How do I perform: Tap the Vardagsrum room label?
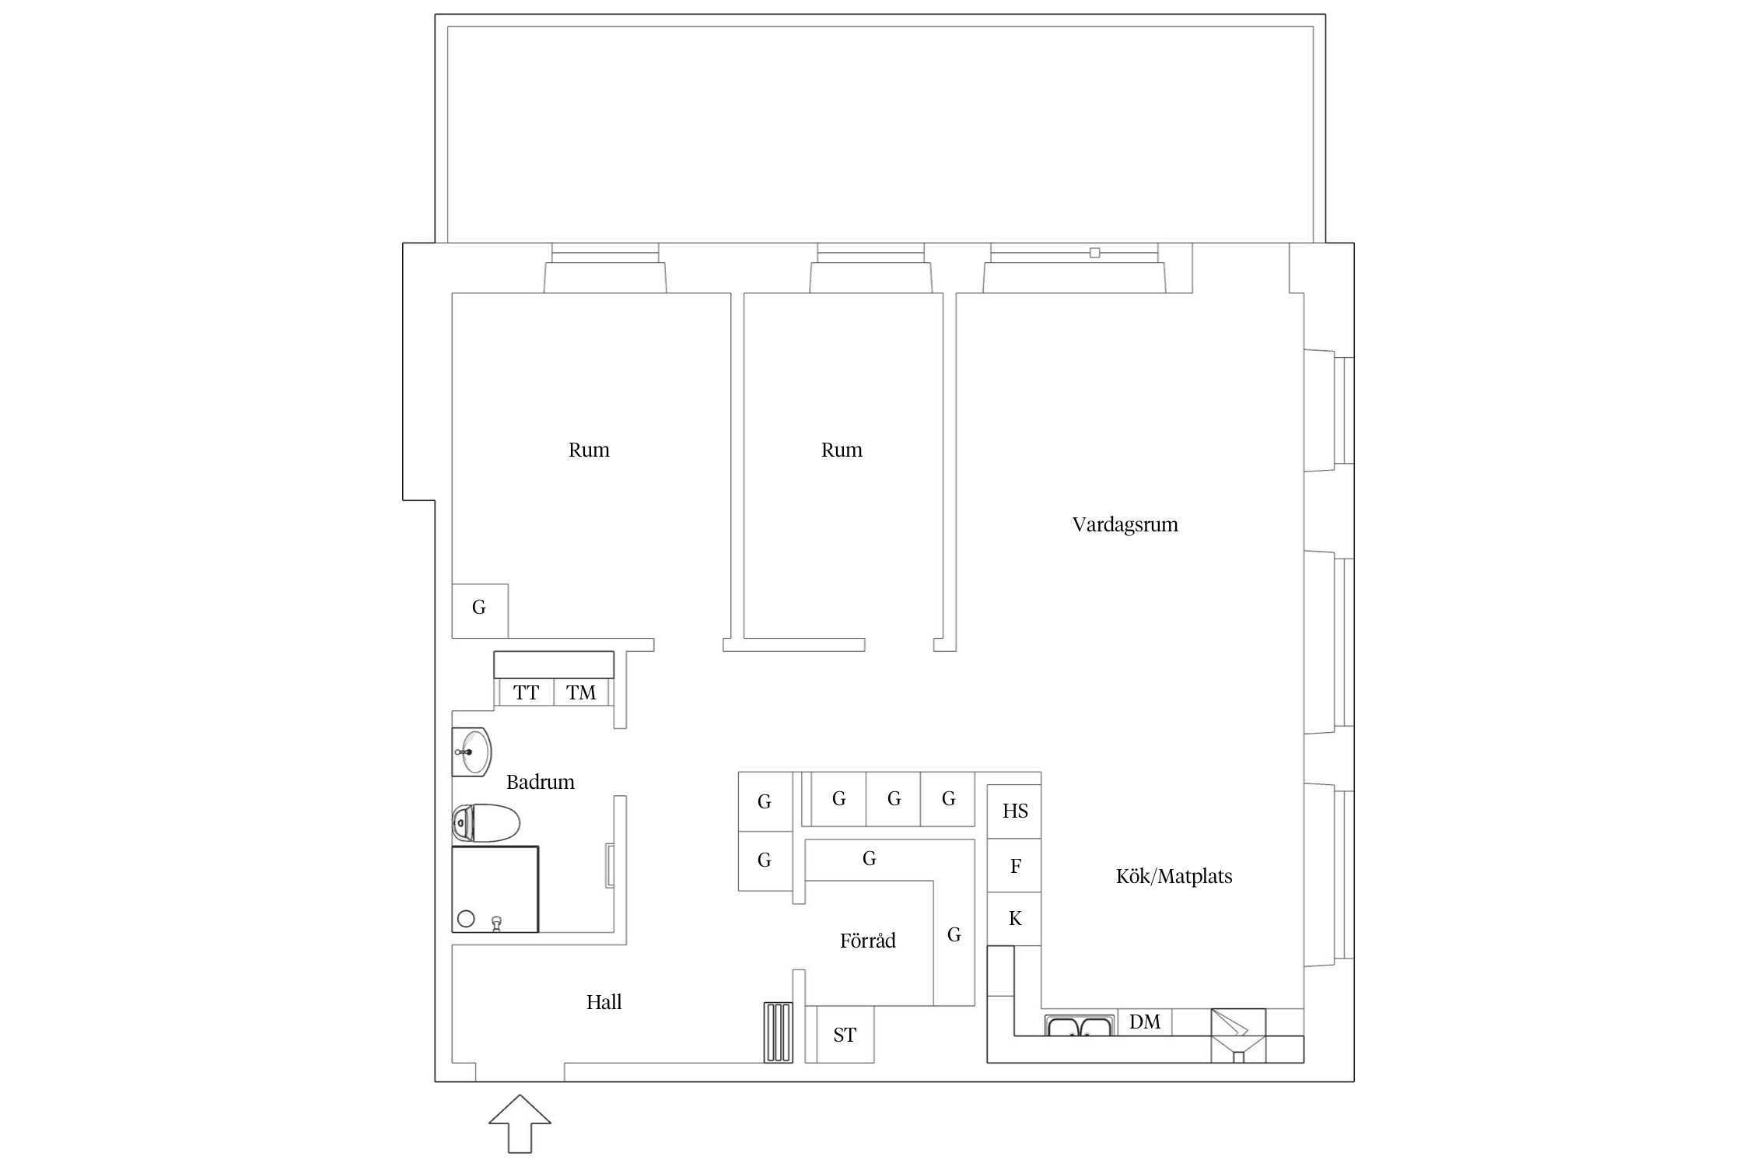point(1125,524)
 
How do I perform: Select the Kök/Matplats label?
point(1174,876)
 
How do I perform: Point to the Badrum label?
point(540,782)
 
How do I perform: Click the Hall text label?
point(604,1002)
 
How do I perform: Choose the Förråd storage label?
point(867,941)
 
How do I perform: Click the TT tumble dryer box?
point(526,692)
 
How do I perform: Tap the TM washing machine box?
point(581,692)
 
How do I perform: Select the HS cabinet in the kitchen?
point(1014,811)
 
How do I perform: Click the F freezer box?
point(1014,865)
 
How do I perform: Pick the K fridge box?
point(1014,919)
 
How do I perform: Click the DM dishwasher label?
point(1145,1022)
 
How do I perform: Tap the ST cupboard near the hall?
point(845,1035)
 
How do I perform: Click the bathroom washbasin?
point(471,752)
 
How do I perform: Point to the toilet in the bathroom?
point(485,822)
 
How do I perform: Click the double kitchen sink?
point(1079,1025)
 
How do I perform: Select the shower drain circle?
point(466,919)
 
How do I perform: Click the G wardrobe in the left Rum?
point(480,611)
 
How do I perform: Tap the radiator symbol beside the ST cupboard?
point(778,1032)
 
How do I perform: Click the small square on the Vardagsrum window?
point(1095,253)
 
